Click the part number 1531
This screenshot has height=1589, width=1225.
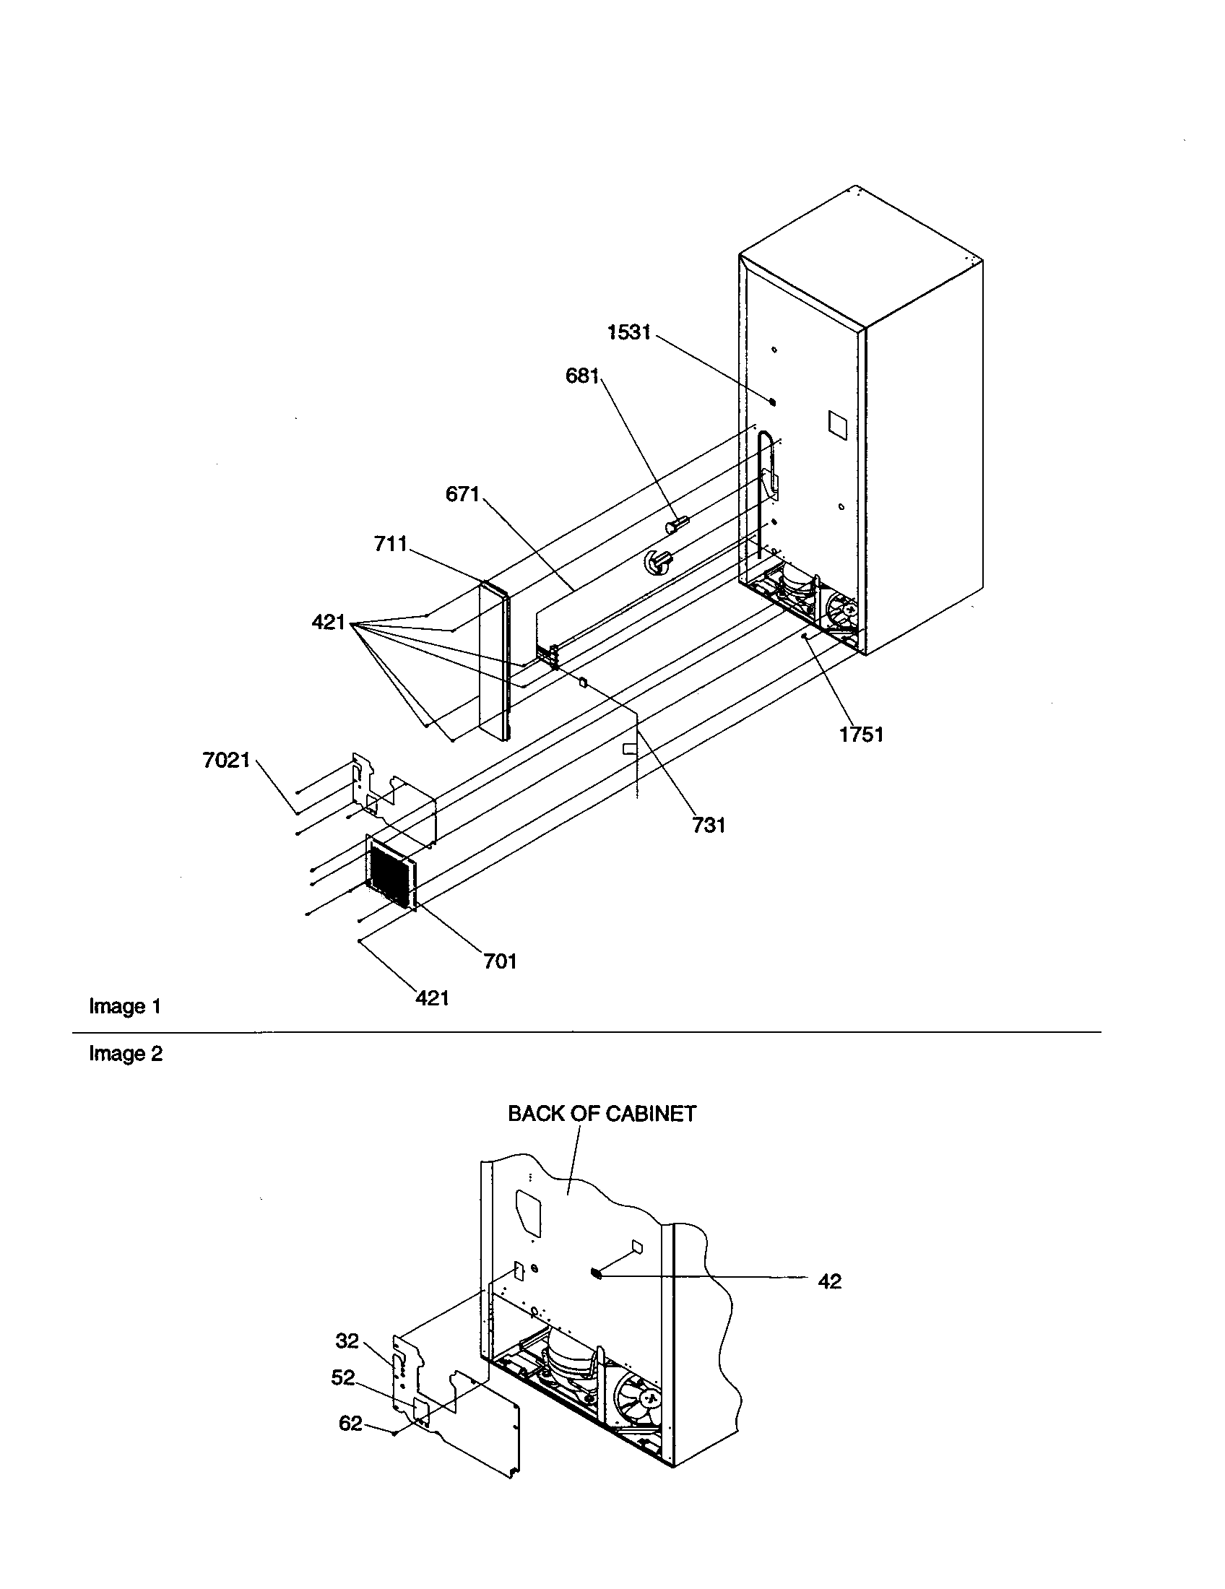628,332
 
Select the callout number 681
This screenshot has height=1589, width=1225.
582,376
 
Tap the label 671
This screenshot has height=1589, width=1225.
463,495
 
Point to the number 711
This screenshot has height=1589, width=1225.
391,543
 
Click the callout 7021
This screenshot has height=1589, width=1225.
226,761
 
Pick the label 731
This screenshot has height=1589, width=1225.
709,825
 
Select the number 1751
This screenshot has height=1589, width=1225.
861,735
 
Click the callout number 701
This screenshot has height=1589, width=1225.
501,962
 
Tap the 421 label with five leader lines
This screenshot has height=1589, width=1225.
328,623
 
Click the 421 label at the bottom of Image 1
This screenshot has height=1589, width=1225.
432,998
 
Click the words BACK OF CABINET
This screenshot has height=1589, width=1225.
602,1114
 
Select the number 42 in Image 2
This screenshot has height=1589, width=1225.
829,1281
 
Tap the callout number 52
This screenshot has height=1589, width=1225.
342,1377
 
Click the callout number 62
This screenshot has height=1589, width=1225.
350,1423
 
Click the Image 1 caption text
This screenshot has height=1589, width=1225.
124,1007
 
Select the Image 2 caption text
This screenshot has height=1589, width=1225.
126,1054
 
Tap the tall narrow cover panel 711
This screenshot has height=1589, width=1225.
493,662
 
